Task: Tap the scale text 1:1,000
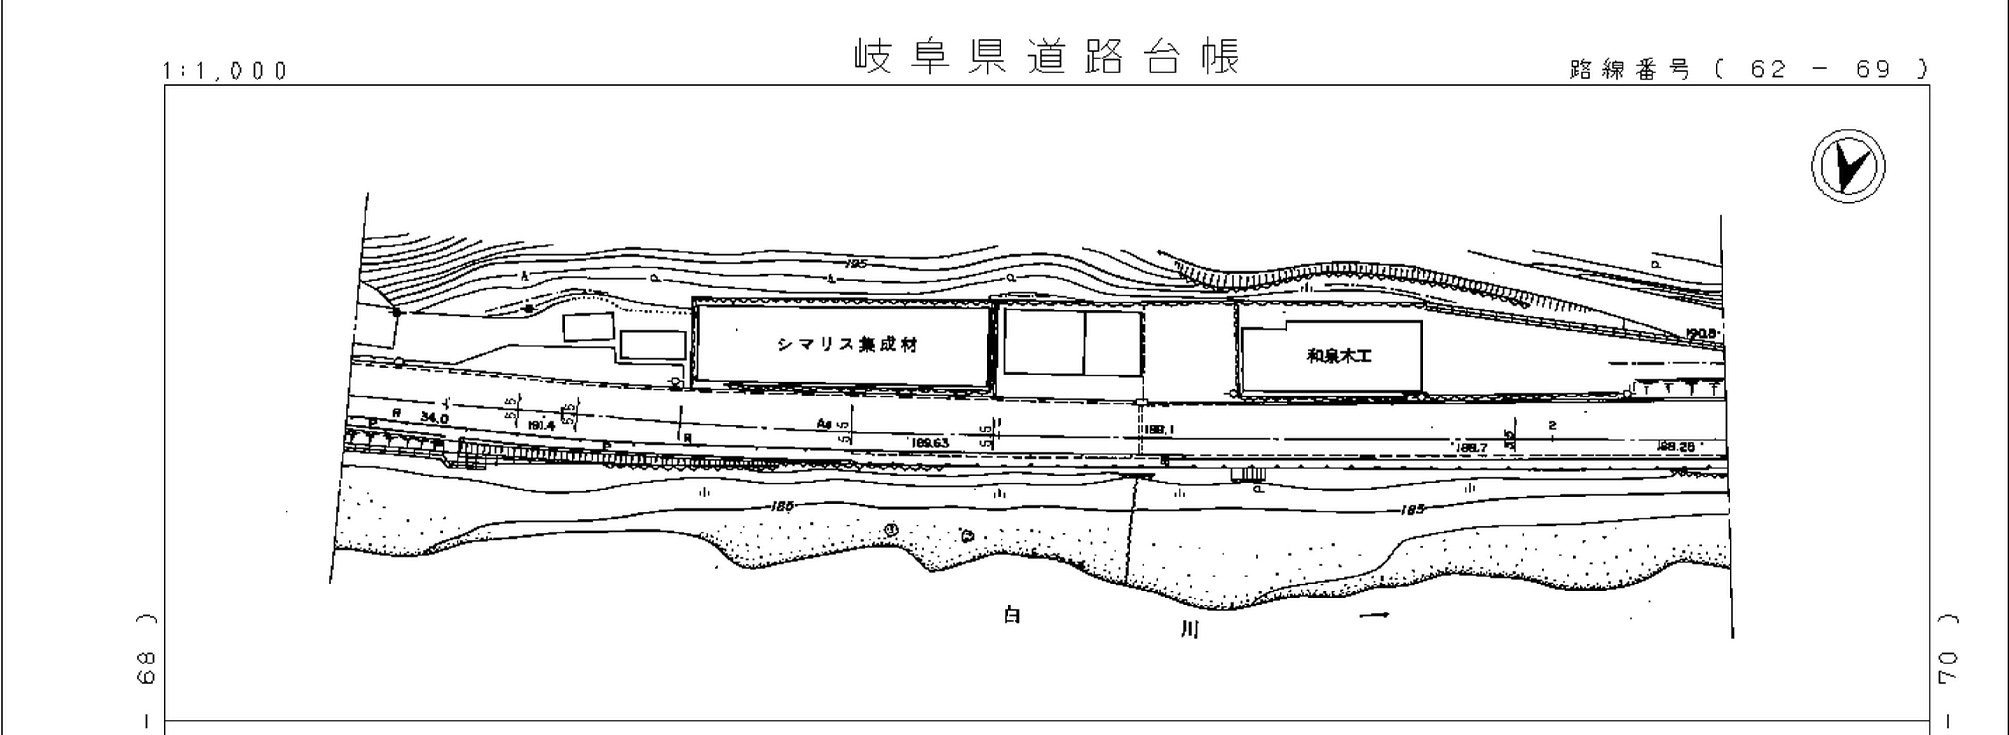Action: (x=225, y=71)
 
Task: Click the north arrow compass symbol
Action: (x=1848, y=166)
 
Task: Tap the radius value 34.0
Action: (x=435, y=418)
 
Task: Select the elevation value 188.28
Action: (x=1675, y=447)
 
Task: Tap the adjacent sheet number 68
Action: (x=146, y=668)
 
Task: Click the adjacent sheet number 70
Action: (x=1947, y=668)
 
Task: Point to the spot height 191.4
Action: (x=541, y=426)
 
